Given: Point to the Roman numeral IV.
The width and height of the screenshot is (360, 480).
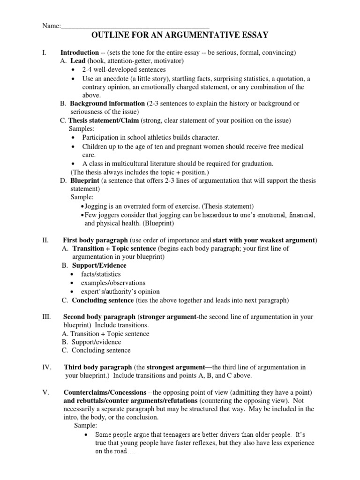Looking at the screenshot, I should [x=47, y=367].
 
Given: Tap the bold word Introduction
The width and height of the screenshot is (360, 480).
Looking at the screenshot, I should [x=79, y=52].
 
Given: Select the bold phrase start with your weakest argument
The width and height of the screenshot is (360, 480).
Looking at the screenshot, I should [x=264, y=240].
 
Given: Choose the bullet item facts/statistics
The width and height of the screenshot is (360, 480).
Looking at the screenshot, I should [x=101, y=274].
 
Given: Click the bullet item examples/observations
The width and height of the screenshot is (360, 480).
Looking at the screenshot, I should [x=114, y=283].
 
